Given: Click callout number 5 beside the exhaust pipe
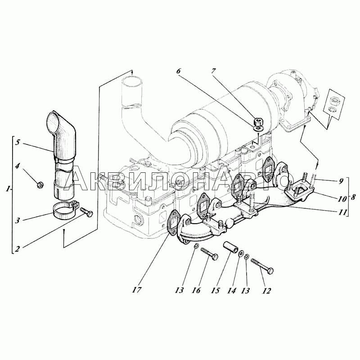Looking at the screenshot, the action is click(x=18, y=142).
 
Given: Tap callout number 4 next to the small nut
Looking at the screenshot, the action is click(x=18, y=166).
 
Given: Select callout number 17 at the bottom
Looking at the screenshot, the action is click(x=136, y=290).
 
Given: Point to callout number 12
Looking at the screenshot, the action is click(x=266, y=291).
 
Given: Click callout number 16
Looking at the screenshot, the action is click(x=197, y=290).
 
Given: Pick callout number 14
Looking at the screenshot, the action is click(x=232, y=291).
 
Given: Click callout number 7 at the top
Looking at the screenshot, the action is click(x=213, y=71).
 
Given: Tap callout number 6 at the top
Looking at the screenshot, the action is click(x=178, y=71).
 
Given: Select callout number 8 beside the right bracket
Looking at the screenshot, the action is click(x=353, y=197).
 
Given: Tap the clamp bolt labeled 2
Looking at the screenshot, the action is click(x=86, y=212).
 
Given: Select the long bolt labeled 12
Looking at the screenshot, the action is click(x=262, y=265).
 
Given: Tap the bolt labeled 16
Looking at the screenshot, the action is click(x=209, y=254).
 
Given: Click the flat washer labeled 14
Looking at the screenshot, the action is click(x=241, y=254).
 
